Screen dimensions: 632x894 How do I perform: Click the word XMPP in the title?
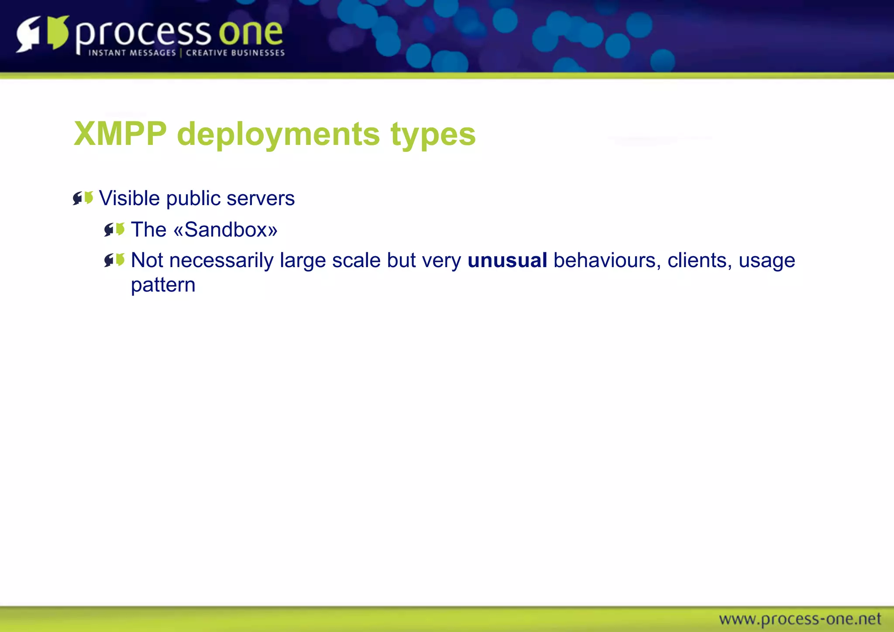pyautogui.click(x=120, y=134)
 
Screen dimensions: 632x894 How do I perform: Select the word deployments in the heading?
pyautogui.click(x=279, y=134)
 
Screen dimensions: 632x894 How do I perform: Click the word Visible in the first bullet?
pyautogui.click(x=129, y=198)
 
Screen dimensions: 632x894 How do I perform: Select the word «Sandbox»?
pyautogui.click(x=225, y=230)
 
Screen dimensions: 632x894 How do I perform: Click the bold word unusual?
pyautogui.click(x=507, y=261)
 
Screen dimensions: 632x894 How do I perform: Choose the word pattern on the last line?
pyautogui.click(x=163, y=285)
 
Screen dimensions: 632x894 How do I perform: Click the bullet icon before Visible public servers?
pyautogui.click(x=83, y=198)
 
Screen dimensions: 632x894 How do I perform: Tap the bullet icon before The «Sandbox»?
pyautogui.click(x=114, y=229)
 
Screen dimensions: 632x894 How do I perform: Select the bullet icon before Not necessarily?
pyautogui.click(x=114, y=260)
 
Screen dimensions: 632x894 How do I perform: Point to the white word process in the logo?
pyautogui.click(x=143, y=34)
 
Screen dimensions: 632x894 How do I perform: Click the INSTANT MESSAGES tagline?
pyautogui.click(x=132, y=53)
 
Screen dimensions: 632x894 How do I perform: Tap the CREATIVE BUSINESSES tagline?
pyautogui.click(x=235, y=53)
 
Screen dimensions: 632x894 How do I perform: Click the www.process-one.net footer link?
pyautogui.click(x=800, y=619)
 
